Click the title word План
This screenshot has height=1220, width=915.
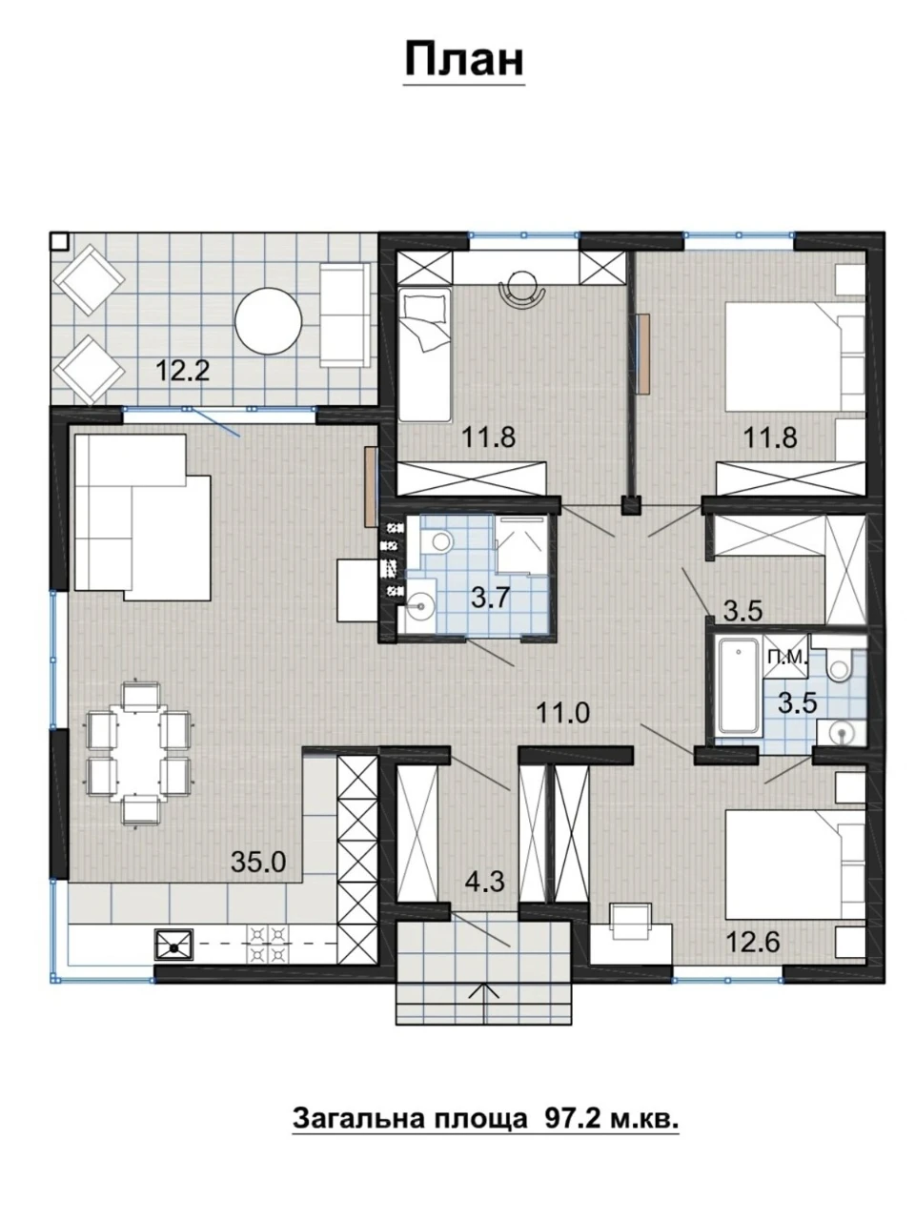pos(464,60)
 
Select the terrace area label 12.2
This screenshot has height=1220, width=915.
pos(182,370)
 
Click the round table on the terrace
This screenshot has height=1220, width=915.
pos(269,320)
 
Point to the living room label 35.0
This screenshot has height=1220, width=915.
pos(258,862)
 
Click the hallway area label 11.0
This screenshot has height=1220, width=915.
pos(562,713)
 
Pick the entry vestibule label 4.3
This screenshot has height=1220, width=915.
pos(485,882)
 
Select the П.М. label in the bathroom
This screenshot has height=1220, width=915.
pos(786,658)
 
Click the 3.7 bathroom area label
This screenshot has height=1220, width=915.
pos(490,598)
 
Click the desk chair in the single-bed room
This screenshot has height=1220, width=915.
pos(522,289)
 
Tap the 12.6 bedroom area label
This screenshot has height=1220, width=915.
pos(753,942)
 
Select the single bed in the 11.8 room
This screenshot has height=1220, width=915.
pos(424,354)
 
